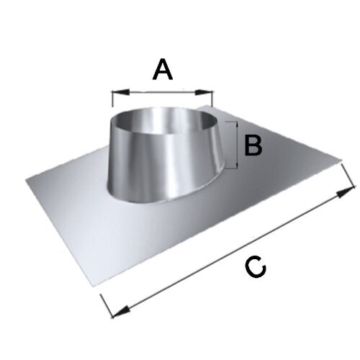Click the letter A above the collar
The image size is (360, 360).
(x=163, y=69)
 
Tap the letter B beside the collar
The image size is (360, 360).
(x=253, y=145)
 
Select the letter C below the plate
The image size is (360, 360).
(x=256, y=266)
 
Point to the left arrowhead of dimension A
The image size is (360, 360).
(x=121, y=92)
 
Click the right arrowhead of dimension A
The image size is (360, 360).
(x=204, y=92)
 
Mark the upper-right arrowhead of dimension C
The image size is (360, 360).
(x=345, y=192)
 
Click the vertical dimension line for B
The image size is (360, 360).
(x=237, y=145)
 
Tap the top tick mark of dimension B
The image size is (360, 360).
(x=231, y=122)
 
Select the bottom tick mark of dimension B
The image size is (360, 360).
(x=231, y=168)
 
